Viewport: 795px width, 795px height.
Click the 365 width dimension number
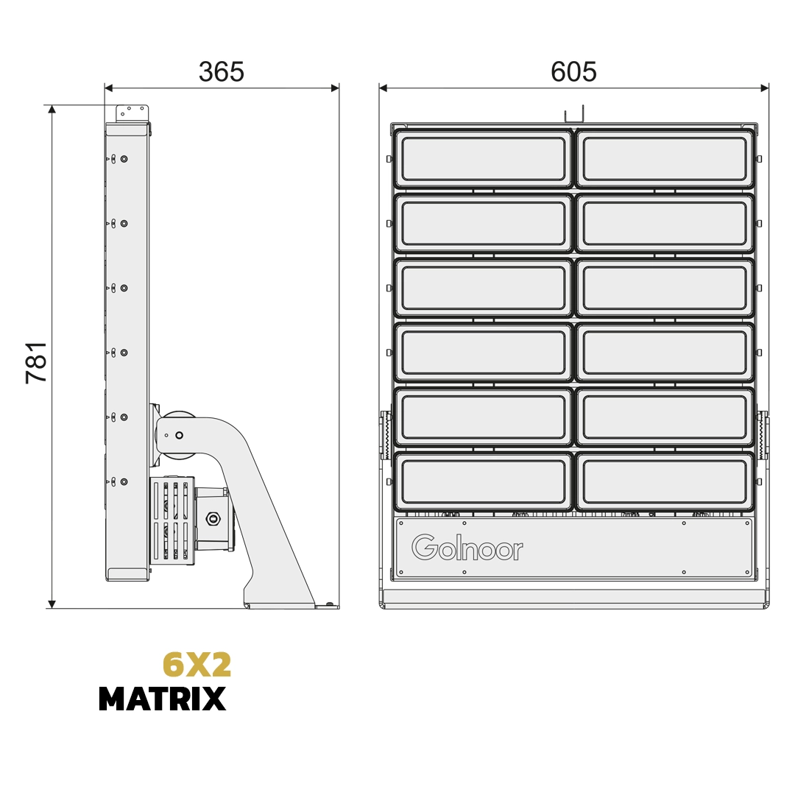[x=221, y=72]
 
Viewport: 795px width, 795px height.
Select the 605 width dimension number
[x=573, y=72]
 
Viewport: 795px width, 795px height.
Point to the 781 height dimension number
[x=37, y=361]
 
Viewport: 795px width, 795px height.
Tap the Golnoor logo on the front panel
[x=467, y=548]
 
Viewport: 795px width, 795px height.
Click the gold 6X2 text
[x=197, y=665]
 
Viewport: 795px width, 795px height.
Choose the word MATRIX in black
[x=162, y=699]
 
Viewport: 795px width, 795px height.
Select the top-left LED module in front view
[x=484, y=159]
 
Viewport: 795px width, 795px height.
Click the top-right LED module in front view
[x=665, y=159]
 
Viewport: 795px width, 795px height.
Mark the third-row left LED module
[x=484, y=288]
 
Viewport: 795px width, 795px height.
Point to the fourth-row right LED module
[x=665, y=353]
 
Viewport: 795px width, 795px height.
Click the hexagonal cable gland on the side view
[x=213, y=518]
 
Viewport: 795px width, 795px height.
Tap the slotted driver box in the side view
[x=172, y=520]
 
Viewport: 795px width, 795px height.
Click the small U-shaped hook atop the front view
[x=573, y=116]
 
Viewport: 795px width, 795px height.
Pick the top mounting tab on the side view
[x=132, y=112]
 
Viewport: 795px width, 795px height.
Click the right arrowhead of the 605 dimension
[x=765, y=88]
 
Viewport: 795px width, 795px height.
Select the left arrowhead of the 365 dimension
[x=109, y=88]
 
